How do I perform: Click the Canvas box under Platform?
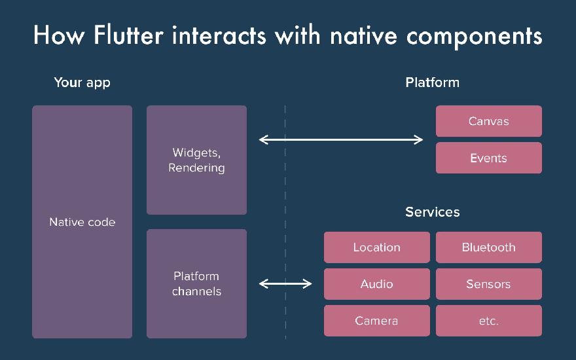point(488,121)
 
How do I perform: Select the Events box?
point(488,158)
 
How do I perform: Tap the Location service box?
point(376,247)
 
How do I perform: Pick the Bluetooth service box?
point(488,247)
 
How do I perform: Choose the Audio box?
point(376,284)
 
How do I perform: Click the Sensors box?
point(488,284)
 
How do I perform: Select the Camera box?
point(376,321)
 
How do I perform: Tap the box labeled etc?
point(488,321)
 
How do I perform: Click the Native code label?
point(82,223)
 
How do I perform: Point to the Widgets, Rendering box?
point(196,160)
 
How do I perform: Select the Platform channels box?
point(196,283)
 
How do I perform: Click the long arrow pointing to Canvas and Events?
point(341,139)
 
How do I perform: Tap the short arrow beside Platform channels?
point(285,283)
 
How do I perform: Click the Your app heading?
point(82,82)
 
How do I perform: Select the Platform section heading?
point(432,82)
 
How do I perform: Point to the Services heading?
point(432,212)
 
